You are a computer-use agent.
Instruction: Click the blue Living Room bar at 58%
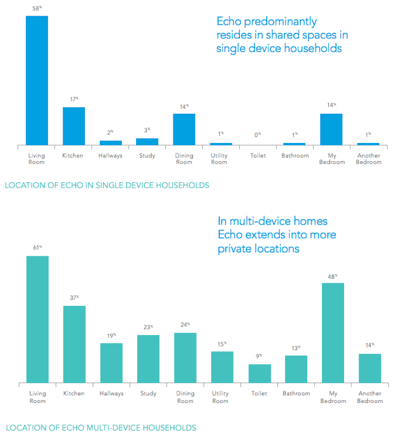[37, 80]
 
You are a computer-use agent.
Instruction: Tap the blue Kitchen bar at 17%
[73, 126]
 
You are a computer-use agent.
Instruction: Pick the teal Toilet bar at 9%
[259, 373]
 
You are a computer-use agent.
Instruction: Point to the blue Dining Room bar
[184, 129]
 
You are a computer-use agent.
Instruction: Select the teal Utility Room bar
[222, 367]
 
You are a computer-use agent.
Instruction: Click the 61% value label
[37, 248]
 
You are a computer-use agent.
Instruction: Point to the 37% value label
[74, 297]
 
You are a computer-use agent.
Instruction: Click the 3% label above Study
[147, 130]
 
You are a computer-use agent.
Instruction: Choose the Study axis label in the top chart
[147, 156]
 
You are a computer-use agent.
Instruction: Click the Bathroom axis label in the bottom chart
[296, 393]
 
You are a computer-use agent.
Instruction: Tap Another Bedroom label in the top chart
[369, 159]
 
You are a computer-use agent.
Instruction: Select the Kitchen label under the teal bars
[73, 393]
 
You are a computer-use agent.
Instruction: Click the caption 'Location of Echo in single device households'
[106, 185]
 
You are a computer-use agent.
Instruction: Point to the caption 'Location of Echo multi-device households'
[100, 427]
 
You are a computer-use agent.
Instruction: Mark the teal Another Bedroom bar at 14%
[369, 368]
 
